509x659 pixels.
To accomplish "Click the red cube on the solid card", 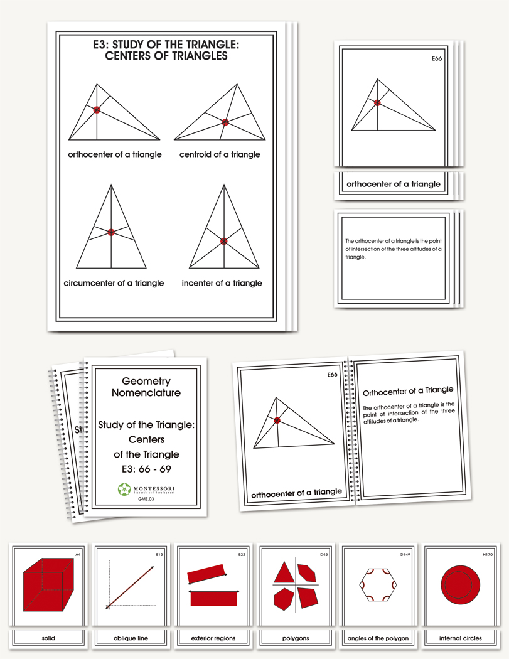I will [x=47, y=585].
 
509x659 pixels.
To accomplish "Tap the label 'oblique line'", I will [x=131, y=638].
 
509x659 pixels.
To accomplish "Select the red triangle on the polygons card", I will [x=284, y=572].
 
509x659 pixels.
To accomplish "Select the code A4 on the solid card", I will [x=78, y=555].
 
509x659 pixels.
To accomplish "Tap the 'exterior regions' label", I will [x=213, y=638].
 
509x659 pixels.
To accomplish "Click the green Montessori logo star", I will [x=124, y=488].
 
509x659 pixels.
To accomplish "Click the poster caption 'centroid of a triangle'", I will [x=219, y=154].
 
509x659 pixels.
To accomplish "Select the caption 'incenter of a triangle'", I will [x=222, y=283].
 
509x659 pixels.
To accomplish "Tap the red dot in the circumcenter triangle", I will [x=111, y=232].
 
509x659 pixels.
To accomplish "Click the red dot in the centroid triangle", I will [x=224, y=122].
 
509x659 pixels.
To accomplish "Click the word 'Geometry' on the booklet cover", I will [x=146, y=381].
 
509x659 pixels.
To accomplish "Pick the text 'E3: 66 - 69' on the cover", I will [x=146, y=469].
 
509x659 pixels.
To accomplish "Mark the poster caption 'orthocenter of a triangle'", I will [x=114, y=154].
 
